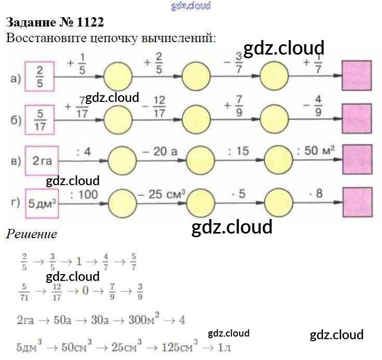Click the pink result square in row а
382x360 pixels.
[357, 76]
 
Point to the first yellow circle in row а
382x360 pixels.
[118, 76]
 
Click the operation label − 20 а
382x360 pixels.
[160, 151]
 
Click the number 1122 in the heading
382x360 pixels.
[88, 22]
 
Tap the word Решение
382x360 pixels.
[31, 234]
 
